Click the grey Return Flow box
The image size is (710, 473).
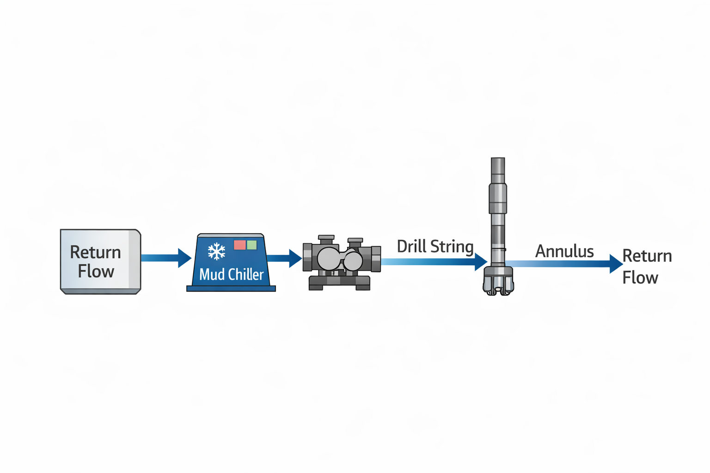tap(100, 261)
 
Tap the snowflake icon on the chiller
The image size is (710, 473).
tap(216, 251)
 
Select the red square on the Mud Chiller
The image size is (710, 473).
tap(239, 245)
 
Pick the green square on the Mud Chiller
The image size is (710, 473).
tap(252, 245)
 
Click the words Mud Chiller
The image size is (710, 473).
tap(231, 274)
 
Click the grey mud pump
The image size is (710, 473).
tap(341, 262)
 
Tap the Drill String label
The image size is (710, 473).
tap(435, 246)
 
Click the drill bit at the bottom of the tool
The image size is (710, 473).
tap(498, 281)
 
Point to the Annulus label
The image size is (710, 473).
tap(564, 251)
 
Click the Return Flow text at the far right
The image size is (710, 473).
tap(646, 267)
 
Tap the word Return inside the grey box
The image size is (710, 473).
tap(95, 252)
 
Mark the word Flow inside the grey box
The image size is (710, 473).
tap(96, 272)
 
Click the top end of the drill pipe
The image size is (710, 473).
tap(498, 162)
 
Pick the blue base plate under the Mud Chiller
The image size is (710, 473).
tap(231, 289)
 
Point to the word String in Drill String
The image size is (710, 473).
tap(452, 246)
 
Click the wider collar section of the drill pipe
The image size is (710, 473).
tap(498, 198)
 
